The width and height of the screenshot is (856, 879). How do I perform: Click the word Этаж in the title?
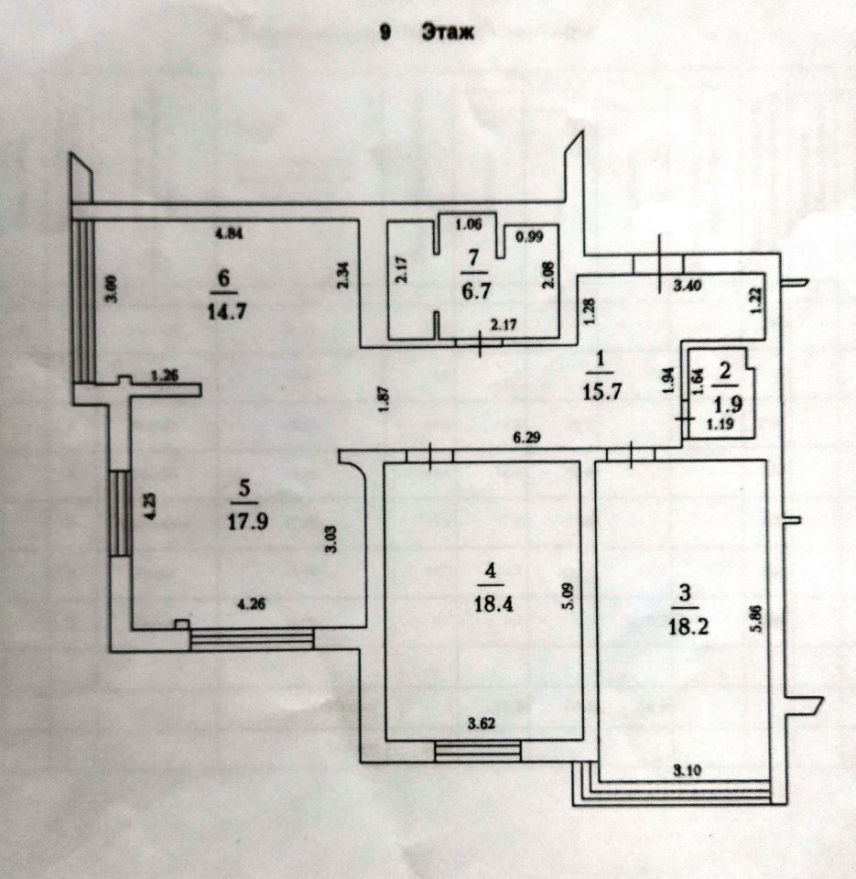(448, 33)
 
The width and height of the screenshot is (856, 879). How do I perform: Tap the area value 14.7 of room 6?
(226, 310)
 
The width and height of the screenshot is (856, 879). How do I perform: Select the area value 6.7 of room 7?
(475, 291)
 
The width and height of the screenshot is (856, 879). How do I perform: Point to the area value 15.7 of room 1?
(602, 391)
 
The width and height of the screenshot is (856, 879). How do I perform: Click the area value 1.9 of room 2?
(729, 404)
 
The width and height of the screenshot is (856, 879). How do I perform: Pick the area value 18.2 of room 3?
(688, 625)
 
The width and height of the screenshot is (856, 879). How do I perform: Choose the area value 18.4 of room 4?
(493, 603)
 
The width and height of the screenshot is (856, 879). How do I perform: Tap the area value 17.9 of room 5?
(247, 521)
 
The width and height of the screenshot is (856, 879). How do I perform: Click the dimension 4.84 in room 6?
(228, 233)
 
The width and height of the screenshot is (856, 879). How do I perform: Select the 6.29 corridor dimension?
(527, 438)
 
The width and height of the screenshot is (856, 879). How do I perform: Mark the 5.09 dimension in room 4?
(569, 596)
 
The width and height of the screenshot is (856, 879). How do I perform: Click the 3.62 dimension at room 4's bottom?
(482, 723)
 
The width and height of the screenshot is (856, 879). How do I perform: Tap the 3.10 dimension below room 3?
(687, 771)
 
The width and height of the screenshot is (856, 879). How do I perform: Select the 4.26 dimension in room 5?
(251, 603)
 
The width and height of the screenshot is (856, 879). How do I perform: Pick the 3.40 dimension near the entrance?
(687, 286)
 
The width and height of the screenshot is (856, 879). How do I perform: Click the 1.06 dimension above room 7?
(469, 225)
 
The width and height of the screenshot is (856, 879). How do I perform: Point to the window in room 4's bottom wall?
(478, 752)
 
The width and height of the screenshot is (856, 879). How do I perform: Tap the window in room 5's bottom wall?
(252, 640)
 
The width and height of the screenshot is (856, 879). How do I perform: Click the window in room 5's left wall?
(120, 513)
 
